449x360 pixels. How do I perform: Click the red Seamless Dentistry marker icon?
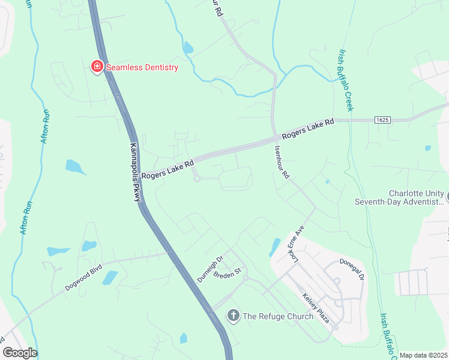pos(96,67)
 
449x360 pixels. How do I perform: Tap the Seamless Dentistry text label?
pos(142,67)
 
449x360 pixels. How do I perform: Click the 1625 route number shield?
pos(382,120)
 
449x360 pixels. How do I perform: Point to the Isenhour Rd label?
pos(282,163)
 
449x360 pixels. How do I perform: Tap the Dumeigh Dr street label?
pos(210,269)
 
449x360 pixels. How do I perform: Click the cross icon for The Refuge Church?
pos(233,316)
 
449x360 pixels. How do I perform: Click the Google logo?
pos(20,353)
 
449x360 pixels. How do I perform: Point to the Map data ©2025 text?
pos(423,355)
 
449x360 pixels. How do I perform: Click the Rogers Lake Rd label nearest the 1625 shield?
pos(308,128)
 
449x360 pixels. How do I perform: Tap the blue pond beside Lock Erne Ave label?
pos(275,246)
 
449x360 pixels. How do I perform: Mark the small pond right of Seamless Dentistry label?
pos(188,48)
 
